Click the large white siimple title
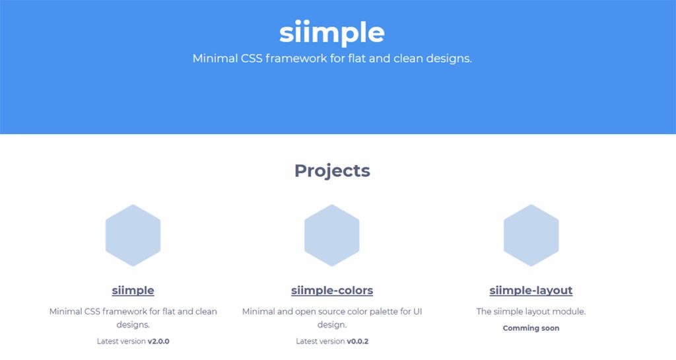pos(331,32)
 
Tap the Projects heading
pos(332,170)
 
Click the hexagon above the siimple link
pos(133,235)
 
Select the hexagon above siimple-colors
pos(332,235)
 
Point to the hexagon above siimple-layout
pos(531,235)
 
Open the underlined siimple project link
pos(133,290)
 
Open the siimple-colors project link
pos(332,290)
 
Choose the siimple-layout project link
pos(531,290)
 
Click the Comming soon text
pos(531,328)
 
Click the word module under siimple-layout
pos(570,311)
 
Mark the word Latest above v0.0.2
pos(309,341)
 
